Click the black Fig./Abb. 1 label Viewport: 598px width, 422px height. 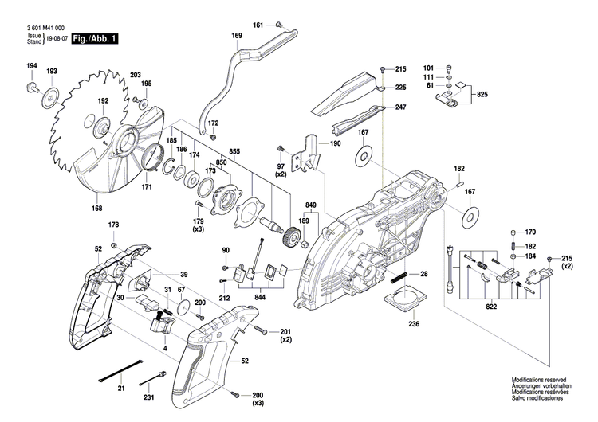click(94, 37)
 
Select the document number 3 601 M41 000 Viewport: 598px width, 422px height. click(45, 27)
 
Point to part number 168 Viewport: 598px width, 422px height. click(96, 209)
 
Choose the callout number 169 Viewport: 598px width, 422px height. click(237, 37)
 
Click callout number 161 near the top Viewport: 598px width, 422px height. click(258, 26)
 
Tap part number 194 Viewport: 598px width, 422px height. click(31, 65)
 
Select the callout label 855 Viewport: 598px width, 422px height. click(234, 151)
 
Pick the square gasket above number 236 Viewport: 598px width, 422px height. click(402, 303)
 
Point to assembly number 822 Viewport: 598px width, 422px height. click(491, 305)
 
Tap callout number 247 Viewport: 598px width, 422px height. click(400, 107)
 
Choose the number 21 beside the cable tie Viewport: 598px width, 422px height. click(120, 388)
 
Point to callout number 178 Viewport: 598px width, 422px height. click(113, 225)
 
